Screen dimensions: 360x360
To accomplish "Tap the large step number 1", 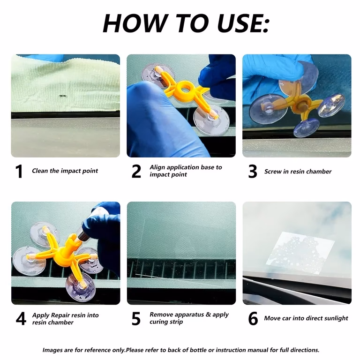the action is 19,171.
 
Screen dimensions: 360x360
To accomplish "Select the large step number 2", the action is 136,171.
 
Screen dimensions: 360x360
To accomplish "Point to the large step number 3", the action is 253,171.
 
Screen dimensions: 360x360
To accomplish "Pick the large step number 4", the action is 21,319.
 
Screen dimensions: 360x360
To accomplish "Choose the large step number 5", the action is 136,319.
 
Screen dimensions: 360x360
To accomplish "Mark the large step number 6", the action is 253,319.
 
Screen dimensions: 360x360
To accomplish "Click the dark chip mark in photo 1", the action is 62,96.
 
